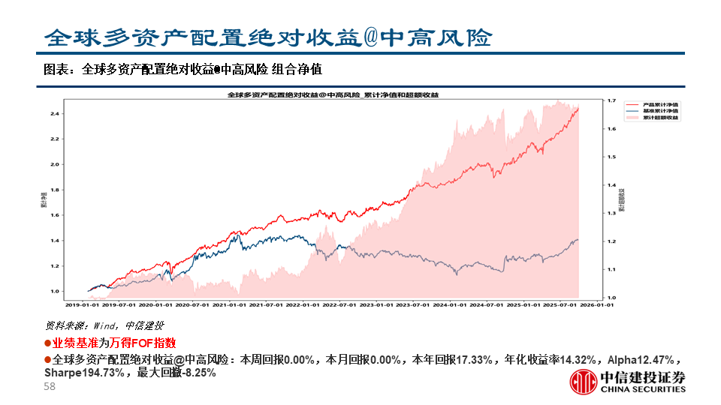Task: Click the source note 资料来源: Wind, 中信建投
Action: click(105, 325)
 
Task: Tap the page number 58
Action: click(50, 386)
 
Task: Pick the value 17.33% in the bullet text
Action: click(474, 359)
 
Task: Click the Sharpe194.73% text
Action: click(85, 372)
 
